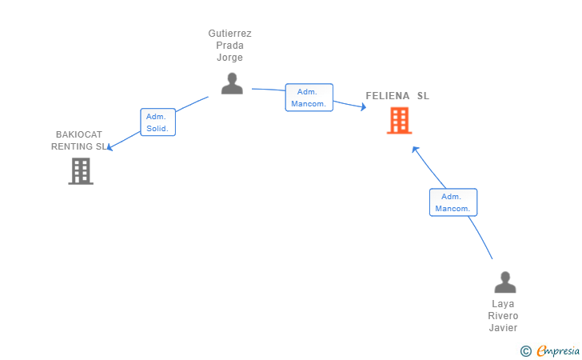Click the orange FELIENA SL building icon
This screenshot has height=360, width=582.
pyautogui.click(x=400, y=120)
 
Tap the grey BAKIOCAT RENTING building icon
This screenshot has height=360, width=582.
pyautogui.click(x=81, y=171)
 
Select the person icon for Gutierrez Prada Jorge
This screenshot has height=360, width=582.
pyautogui.click(x=232, y=83)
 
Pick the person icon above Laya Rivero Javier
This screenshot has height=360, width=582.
pyautogui.click(x=505, y=282)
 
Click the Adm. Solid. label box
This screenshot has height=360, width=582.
pyautogui.click(x=157, y=122)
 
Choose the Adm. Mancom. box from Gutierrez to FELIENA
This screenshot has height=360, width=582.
pyautogui.click(x=309, y=98)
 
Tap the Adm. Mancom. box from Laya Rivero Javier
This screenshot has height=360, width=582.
pyautogui.click(x=453, y=202)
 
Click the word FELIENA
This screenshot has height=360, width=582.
pyautogui.click(x=388, y=96)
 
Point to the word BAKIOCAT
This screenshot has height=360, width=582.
pyautogui.click(x=79, y=134)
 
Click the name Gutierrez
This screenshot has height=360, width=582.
pyautogui.click(x=229, y=34)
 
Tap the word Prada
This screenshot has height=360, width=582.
pyautogui.click(x=229, y=46)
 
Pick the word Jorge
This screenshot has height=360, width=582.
pyautogui.click(x=229, y=58)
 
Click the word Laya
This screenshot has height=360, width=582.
pyautogui.click(x=503, y=304)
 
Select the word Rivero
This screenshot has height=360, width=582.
pyautogui.click(x=503, y=316)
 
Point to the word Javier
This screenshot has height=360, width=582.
pyautogui.click(x=503, y=328)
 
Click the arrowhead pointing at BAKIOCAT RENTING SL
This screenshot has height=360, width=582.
pyautogui.click(x=110, y=147)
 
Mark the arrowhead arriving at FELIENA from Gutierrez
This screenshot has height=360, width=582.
pyautogui.click(x=364, y=107)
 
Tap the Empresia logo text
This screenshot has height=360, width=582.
pyautogui.click(x=558, y=350)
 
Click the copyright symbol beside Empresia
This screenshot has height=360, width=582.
pyautogui.click(x=525, y=351)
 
